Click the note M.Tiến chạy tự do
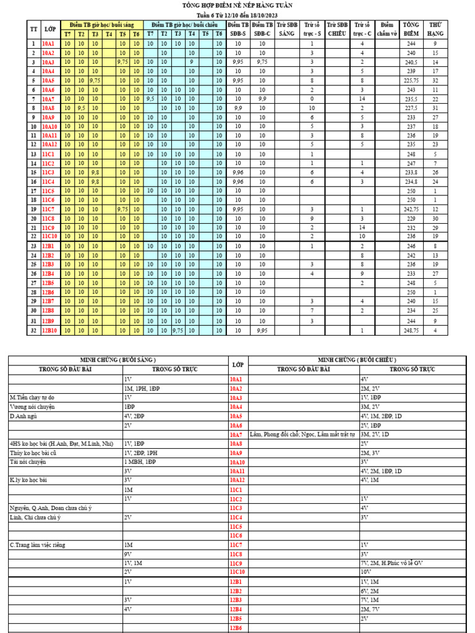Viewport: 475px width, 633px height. [x=32, y=397]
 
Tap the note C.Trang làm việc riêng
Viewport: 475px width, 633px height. [x=37, y=545]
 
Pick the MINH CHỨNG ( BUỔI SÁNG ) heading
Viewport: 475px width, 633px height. [x=118, y=360]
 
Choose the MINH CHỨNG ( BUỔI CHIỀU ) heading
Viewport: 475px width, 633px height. [x=357, y=360]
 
